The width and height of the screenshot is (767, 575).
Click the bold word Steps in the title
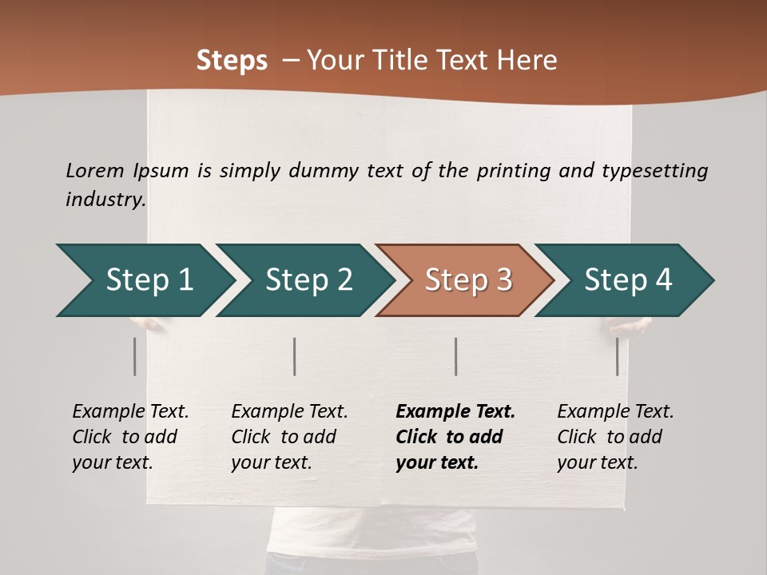tap(232, 60)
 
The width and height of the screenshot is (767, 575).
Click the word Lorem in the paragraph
tap(95, 171)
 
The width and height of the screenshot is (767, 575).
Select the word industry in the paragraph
tap(105, 199)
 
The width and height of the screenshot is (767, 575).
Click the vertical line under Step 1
tap(135, 356)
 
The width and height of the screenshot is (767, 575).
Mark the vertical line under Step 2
tap(295, 356)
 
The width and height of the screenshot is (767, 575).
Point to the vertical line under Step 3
tap(456, 356)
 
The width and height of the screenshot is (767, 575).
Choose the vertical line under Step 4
tap(618, 356)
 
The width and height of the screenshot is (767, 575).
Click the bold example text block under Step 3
tap(455, 437)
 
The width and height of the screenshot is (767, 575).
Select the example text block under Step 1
tap(130, 437)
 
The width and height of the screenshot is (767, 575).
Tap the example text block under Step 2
tap(289, 437)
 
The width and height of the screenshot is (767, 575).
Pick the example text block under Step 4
tap(615, 437)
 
